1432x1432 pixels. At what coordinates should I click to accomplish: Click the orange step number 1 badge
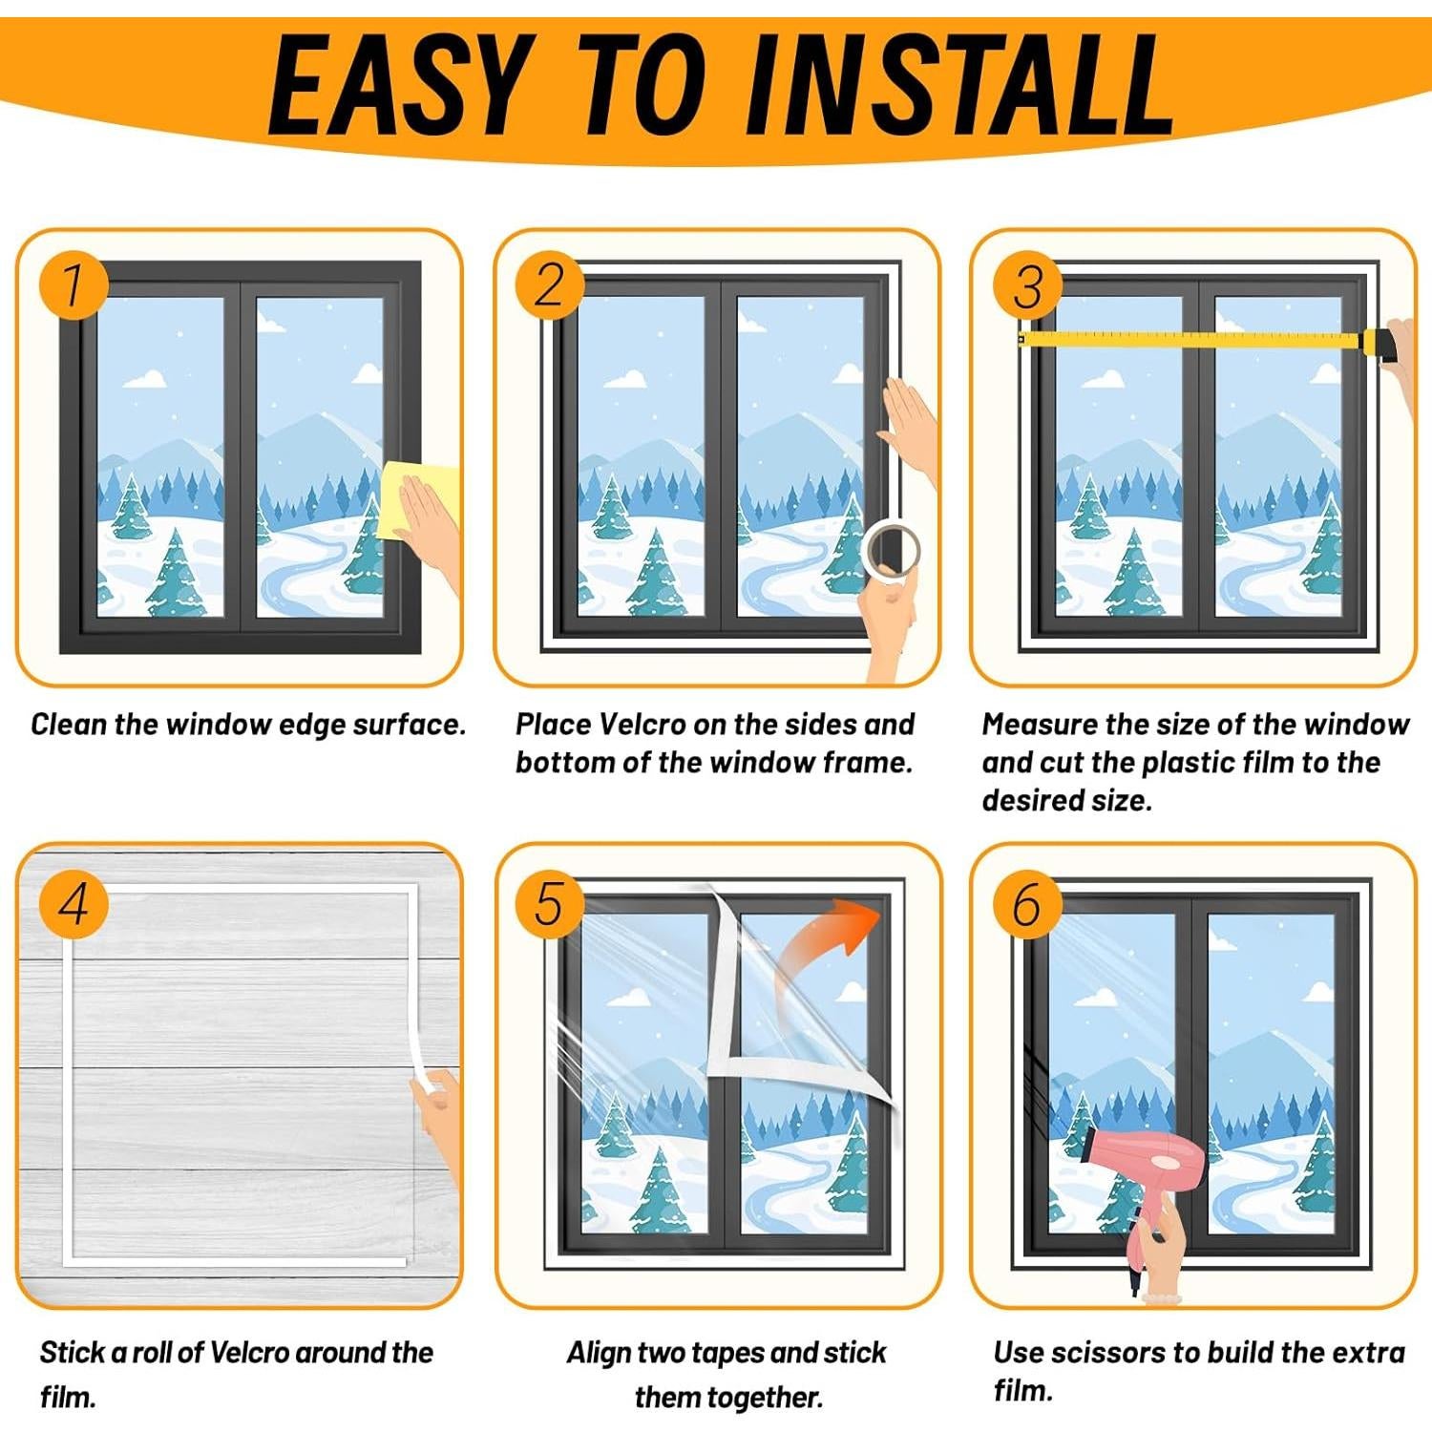pyautogui.click(x=74, y=284)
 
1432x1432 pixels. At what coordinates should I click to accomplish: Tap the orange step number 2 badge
pyautogui.click(x=550, y=284)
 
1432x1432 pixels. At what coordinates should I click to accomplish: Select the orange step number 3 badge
pyautogui.click(x=1027, y=284)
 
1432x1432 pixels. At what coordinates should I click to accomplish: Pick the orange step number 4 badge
pyautogui.click(x=74, y=903)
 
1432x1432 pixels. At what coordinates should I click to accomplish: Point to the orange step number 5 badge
pyautogui.click(x=550, y=903)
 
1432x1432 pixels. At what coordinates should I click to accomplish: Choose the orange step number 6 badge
pyautogui.click(x=1027, y=903)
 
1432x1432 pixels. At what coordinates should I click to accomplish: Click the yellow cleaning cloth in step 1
pyautogui.click(x=416, y=500)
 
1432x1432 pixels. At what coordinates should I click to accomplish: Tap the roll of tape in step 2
pyautogui.click(x=891, y=551)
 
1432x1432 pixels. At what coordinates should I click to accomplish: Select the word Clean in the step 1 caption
pyautogui.click(x=69, y=725)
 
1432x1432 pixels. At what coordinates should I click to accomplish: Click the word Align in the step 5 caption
pyautogui.click(x=599, y=1354)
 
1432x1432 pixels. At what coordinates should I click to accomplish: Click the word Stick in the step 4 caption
pyautogui.click(x=73, y=1353)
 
